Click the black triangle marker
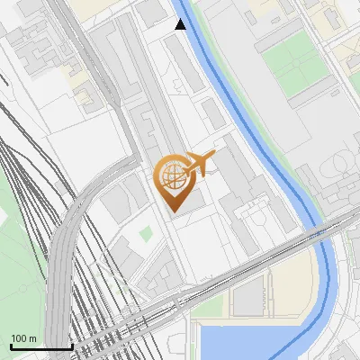pos(181,24)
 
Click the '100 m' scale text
pos(24,338)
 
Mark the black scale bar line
pos(40,346)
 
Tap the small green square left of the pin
pos(146,234)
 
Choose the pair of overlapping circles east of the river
pos(340,166)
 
